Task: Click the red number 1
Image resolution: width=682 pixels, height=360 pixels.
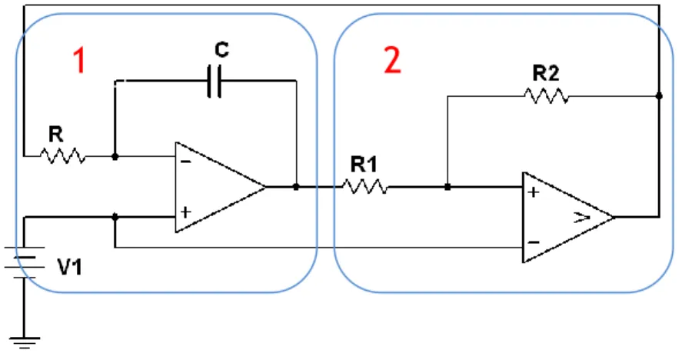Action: tap(79, 60)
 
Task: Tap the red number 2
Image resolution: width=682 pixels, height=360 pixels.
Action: tap(392, 60)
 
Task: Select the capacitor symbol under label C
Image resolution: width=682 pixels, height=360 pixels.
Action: tap(214, 81)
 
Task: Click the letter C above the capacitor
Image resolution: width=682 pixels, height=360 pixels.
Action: tap(221, 49)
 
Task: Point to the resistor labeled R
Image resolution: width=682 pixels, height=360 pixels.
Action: tap(62, 156)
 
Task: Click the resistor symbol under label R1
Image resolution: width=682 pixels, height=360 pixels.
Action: tap(364, 187)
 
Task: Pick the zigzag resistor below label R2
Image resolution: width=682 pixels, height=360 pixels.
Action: tap(547, 95)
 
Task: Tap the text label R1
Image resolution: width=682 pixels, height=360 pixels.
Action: tap(364, 165)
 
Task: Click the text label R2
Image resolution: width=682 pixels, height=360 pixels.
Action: tap(546, 73)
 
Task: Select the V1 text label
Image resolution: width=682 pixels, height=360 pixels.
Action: tap(70, 266)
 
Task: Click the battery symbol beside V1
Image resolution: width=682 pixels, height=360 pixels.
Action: tap(25, 262)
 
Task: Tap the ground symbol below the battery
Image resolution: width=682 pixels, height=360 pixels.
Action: tap(25, 342)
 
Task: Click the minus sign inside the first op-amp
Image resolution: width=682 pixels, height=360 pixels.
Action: tap(186, 162)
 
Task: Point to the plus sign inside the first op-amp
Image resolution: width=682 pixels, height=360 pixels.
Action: tap(186, 212)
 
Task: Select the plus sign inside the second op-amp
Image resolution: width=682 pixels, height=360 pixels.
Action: tap(534, 192)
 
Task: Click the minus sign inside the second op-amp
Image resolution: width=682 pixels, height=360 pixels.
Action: tap(534, 242)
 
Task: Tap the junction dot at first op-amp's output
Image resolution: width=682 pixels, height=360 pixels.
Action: tap(296, 187)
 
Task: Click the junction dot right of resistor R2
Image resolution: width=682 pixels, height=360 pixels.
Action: tap(659, 95)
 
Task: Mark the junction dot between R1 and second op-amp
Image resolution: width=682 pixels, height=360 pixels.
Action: tap(447, 187)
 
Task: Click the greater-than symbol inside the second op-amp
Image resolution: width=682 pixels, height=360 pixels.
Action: tap(582, 217)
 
